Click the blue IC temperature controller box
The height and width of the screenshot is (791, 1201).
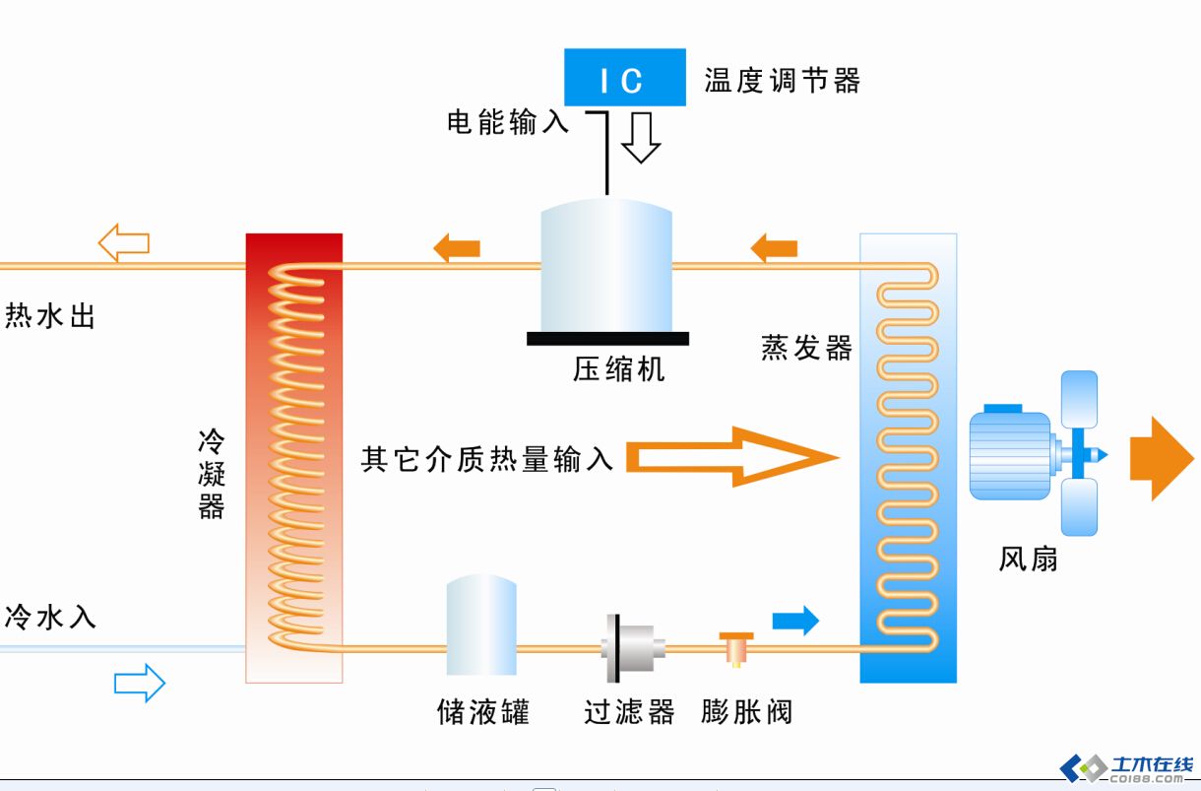click(624, 78)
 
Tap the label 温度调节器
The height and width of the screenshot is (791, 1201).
click(783, 80)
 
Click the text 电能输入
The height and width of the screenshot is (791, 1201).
click(508, 122)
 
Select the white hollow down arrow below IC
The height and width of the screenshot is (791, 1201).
click(641, 137)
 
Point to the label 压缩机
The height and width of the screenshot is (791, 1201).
click(619, 368)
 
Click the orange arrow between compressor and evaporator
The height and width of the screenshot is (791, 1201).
click(774, 246)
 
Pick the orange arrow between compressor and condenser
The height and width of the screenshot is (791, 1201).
click(457, 246)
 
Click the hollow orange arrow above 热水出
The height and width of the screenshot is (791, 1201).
click(123, 242)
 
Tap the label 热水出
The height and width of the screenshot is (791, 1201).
click(50, 316)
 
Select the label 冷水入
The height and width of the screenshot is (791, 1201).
click(50, 617)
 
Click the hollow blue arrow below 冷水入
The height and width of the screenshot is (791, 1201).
click(139, 683)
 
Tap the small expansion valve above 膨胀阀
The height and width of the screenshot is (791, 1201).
click(735, 647)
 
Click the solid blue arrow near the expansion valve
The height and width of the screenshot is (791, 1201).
click(795, 620)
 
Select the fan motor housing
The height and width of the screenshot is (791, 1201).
click(1009, 455)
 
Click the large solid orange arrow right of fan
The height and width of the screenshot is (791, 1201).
click(1160, 459)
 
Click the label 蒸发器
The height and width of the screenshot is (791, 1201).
click(806, 348)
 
